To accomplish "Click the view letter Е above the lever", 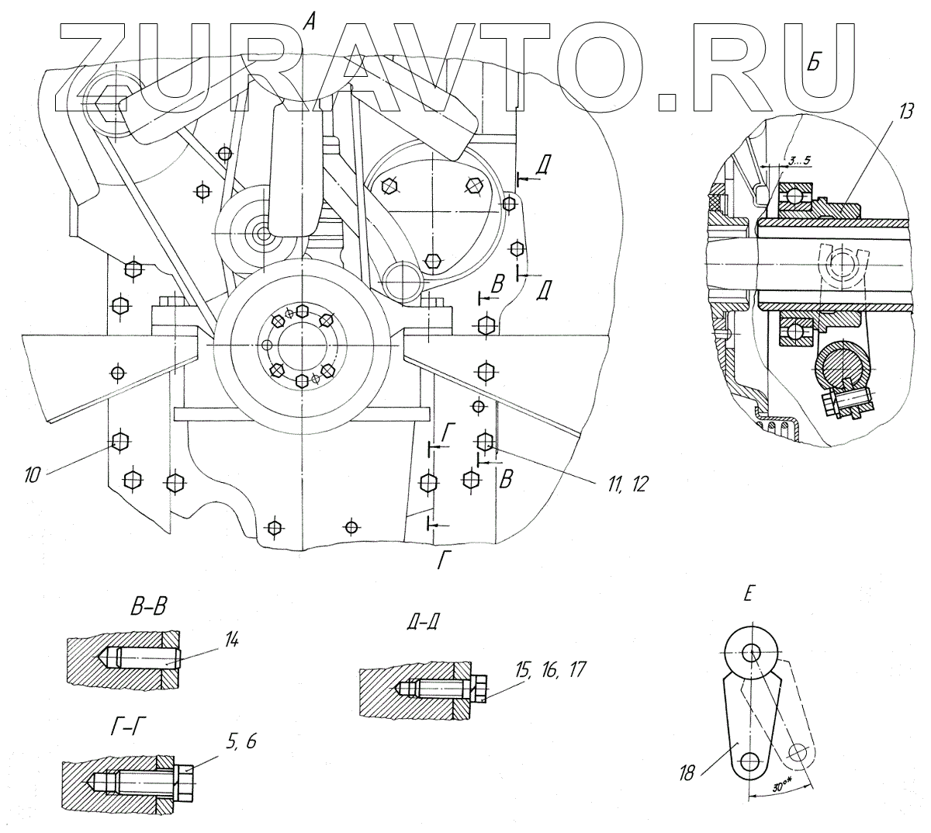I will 748,595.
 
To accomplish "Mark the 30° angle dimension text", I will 784,785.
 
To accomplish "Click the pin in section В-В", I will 147,659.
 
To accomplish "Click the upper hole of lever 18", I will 751,652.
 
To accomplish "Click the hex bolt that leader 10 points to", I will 119,441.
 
